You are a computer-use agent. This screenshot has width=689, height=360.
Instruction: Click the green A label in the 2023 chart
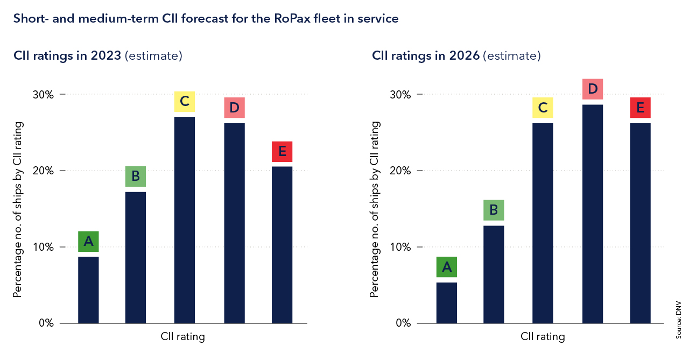point(88,242)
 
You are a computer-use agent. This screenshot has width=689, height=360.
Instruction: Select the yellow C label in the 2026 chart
point(543,108)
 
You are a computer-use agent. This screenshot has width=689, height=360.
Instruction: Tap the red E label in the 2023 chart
point(282,152)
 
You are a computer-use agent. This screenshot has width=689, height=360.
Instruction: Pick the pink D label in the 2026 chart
point(593,89)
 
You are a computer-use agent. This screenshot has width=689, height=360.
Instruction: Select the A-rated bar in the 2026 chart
point(447,302)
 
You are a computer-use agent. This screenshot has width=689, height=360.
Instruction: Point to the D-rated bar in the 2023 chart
point(234,223)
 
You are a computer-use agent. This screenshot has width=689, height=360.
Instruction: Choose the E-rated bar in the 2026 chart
point(640,223)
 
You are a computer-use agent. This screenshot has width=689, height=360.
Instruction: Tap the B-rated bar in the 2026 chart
point(494,274)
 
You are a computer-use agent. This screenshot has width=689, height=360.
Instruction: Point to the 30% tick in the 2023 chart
point(43,95)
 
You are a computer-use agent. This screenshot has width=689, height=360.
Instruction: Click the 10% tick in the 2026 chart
point(400,248)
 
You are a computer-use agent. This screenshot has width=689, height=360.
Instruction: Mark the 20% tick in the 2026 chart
point(400,171)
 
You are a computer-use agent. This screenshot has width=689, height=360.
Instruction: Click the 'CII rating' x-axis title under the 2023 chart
point(182,337)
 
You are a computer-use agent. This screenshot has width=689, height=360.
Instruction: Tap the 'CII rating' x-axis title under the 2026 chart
point(543,337)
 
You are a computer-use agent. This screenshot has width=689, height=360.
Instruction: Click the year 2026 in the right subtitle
point(465,55)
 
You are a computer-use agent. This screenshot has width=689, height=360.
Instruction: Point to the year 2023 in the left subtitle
point(106,55)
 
